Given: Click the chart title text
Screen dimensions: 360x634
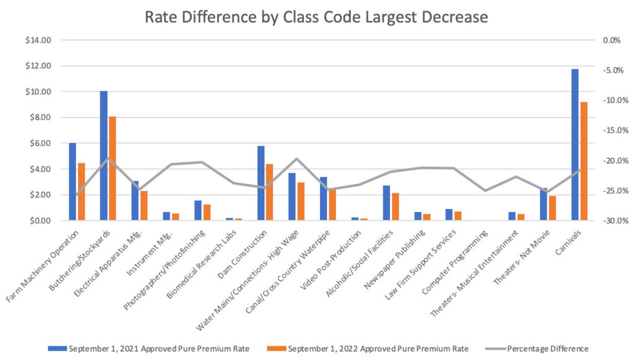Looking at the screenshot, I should click(x=316, y=17).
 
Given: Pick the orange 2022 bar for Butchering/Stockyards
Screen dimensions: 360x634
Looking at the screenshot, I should click(x=112, y=168).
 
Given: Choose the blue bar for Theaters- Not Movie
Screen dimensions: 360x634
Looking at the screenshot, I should click(x=543, y=204).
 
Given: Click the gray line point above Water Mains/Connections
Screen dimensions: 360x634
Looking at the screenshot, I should click(x=297, y=159).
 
